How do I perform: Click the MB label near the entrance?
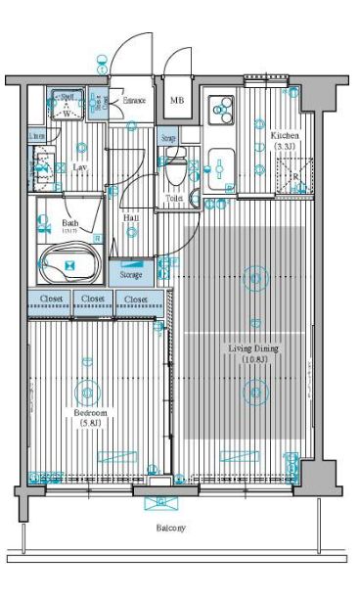click(x=177, y=101)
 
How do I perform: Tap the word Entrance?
click(x=134, y=100)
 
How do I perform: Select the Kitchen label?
click(x=285, y=136)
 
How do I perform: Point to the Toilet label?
click(x=174, y=199)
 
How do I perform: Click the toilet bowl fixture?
click(x=174, y=172)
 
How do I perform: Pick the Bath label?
click(x=69, y=223)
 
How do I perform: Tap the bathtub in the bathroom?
click(x=69, y=265)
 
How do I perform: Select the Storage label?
click(x=132, y=276)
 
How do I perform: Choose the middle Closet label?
click(x=93, y=299)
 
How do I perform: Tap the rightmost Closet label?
click(x=136, y=299)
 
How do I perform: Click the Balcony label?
click(x=171, y=529)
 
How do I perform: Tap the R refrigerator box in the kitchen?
click(x=294, y=177)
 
